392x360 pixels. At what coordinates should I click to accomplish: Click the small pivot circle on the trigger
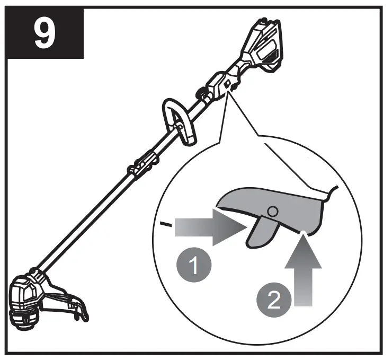click(272, 211)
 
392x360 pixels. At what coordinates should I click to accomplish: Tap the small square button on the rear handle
click(227, 84)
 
